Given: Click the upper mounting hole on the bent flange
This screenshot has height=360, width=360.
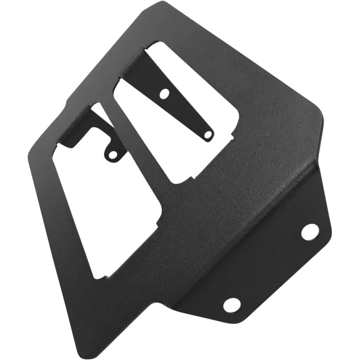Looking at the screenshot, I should coord(310,232).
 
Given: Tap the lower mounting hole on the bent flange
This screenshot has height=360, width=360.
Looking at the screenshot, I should coord(231,304).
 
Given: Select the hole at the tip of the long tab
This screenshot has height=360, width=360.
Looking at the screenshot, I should coord(208,135).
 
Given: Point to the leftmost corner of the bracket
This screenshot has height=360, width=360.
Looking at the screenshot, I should coord(28,154).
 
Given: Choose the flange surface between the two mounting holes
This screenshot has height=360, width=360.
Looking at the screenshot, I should coord(273,267).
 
